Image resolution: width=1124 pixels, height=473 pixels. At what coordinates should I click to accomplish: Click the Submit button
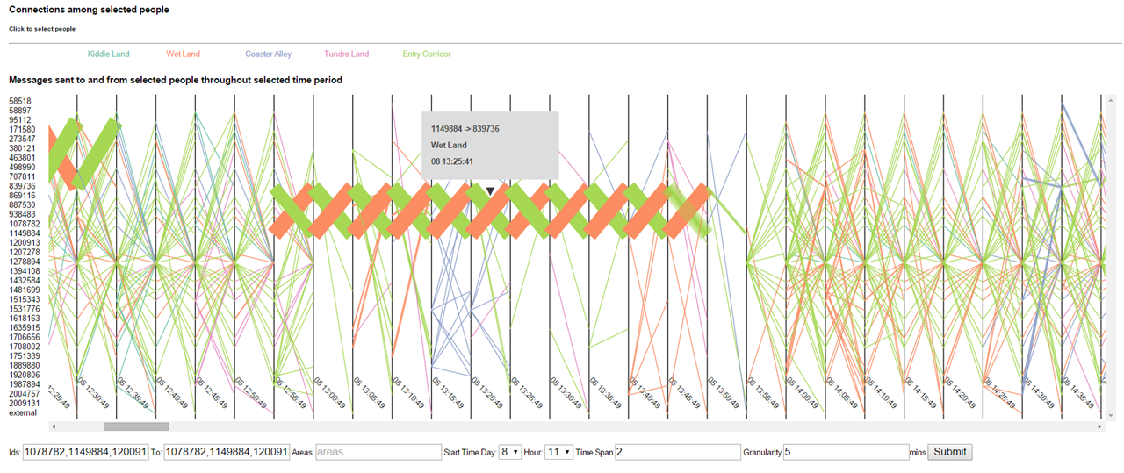tap(949, 452)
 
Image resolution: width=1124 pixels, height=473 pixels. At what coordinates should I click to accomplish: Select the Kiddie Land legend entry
tap(108, 54)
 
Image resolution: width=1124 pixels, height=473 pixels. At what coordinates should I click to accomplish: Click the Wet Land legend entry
tap(183, 54)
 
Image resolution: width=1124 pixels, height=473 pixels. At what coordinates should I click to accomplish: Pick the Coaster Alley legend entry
tap(268, 54)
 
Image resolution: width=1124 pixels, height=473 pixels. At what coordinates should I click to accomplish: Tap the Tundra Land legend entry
tap(346, 54)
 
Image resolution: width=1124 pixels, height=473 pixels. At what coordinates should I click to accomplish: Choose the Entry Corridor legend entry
tap(427, 54)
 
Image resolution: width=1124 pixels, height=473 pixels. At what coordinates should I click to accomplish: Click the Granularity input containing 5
tap(846, 452)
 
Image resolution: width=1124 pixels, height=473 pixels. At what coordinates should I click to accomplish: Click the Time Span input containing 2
tap(677, 452)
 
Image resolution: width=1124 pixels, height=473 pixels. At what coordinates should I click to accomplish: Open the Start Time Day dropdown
tap(510, 452)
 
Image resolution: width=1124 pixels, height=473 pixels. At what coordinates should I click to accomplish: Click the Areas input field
tap(378, 452)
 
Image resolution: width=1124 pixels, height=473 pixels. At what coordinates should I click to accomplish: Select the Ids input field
tap(86, 452)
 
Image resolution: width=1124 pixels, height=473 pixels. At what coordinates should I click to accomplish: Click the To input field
tap(227, 452)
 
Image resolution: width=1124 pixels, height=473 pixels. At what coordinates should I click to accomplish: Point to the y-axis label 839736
tap(23, 186)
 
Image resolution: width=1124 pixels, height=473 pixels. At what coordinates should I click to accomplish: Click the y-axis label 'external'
tap(24, 413)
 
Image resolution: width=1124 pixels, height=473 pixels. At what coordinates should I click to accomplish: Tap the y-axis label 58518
tap(20, 101)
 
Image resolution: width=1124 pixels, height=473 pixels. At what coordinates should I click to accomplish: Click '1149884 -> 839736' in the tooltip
tap(465, 129)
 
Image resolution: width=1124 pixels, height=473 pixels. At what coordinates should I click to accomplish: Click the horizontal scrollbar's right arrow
tap(1099, 426)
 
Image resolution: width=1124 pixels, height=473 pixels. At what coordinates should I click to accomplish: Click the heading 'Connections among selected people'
tap(89, 10)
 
